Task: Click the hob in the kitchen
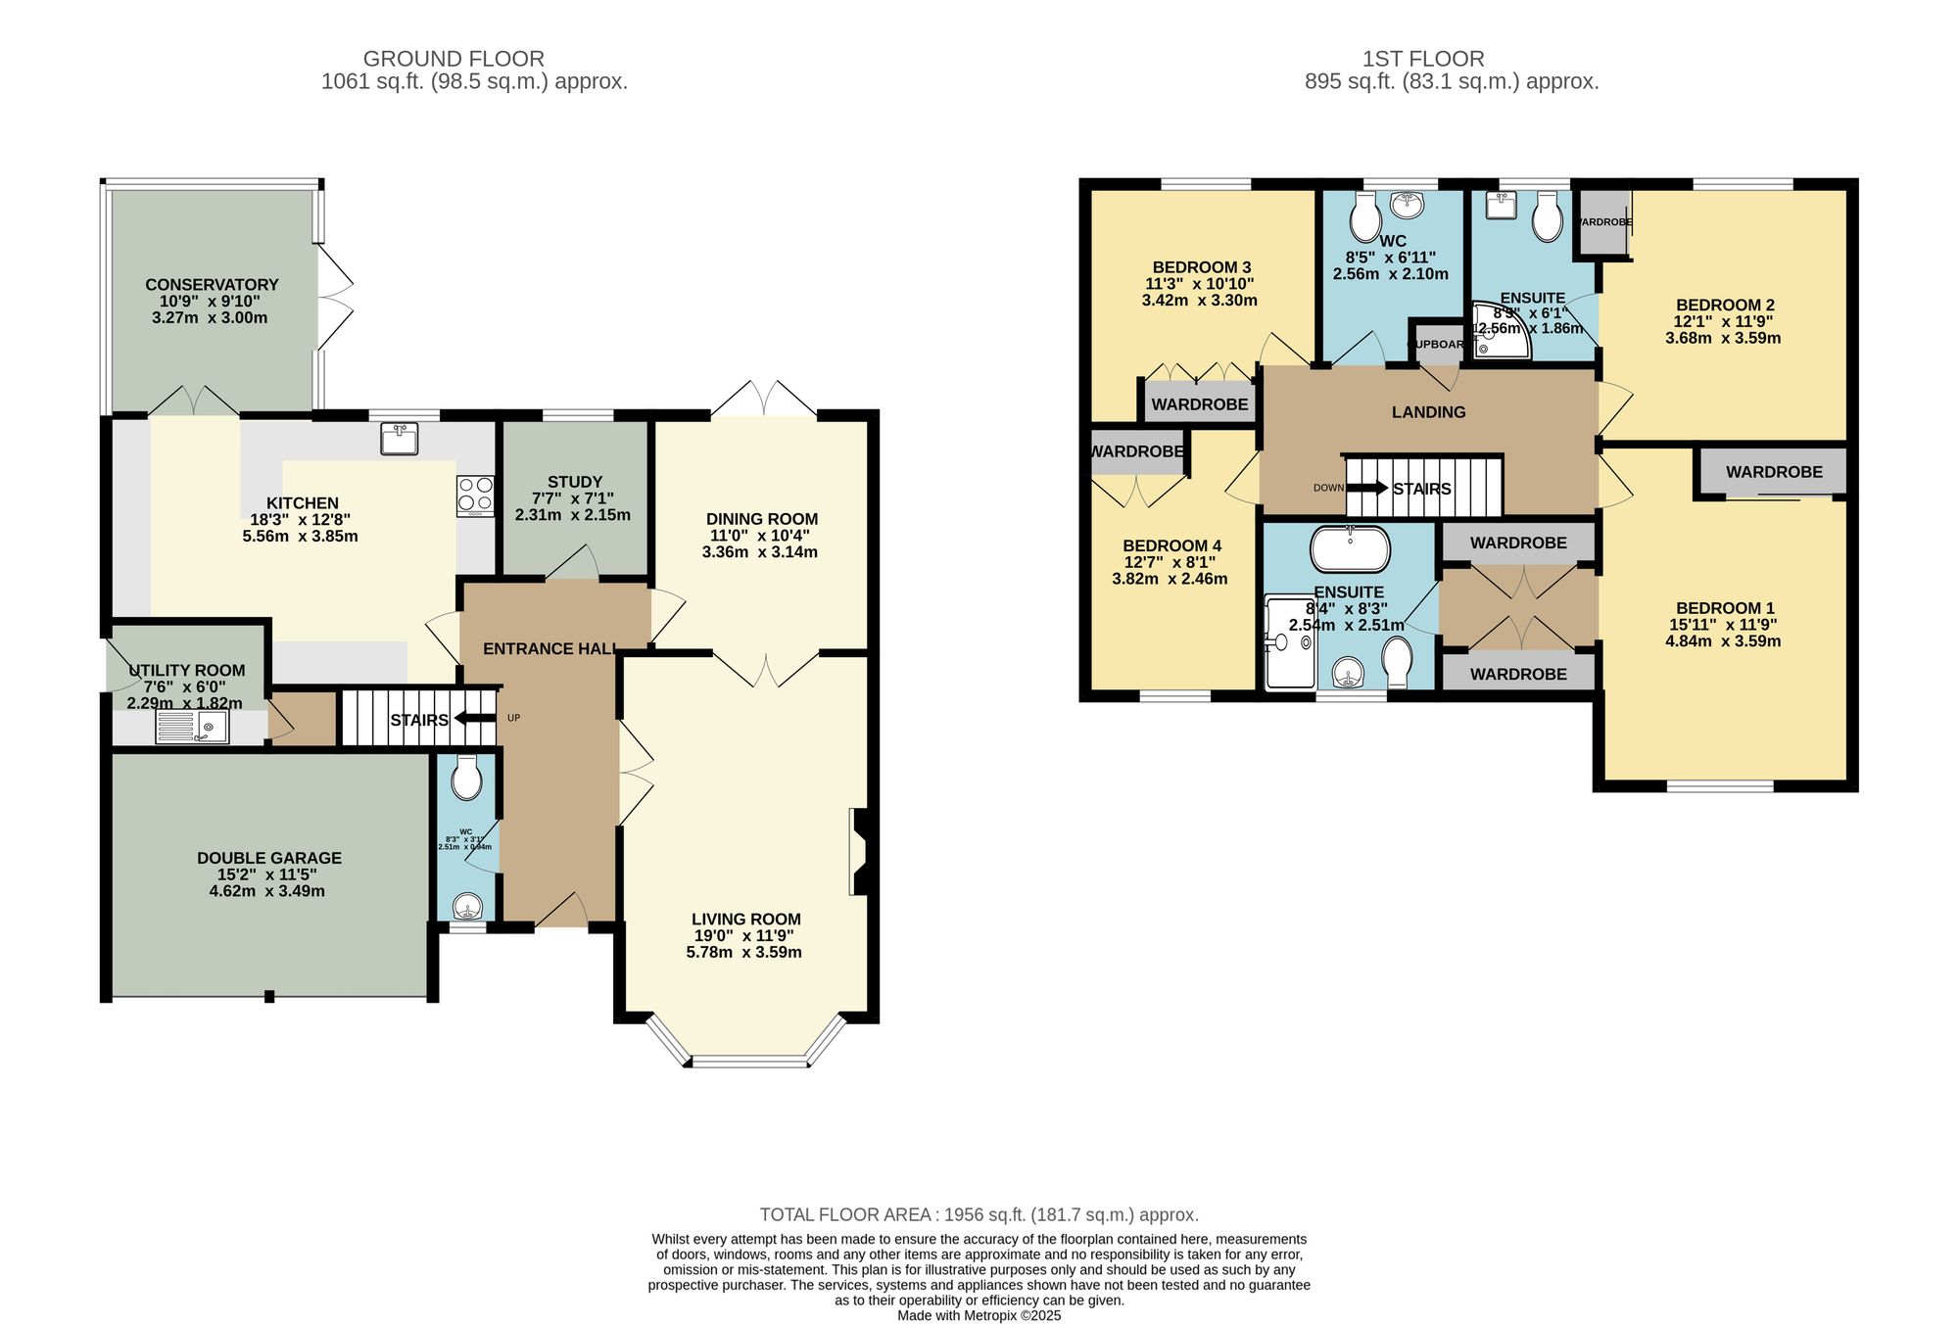pyautogui.click(x=475, y=496)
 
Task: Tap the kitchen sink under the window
pyautogui.click(x=400, y=439)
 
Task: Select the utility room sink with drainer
pyautogui.click(x=192, y=727)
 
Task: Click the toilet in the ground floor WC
pyautogui.click(x=466, y=780)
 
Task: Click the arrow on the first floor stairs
pyautogui.click(x=1368, y=488)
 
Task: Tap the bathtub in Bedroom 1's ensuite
pyautogui.click(x=1350, y=549)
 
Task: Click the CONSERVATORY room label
pyautogui.click(x=212, y=285)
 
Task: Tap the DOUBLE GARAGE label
pyautogui.click(x=269, y=858)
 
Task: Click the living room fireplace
pyautogui.click(x=859, y=851)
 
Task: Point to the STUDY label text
pyautogui.click(x=575, y=482)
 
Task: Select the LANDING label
pyautogui.click(x=1428, y=412)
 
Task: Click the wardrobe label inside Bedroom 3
pyautogui.click(x=1199, y=404)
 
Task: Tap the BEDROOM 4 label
pyautogui.click(x=1171, y=545)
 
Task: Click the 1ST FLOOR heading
pyautogui.click(x=1423, y=59)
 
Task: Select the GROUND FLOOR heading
pyautogui.click(x=454, y=59)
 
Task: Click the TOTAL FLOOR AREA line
pyautogui.click(x=979, y=1214)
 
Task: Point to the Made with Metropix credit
pyautogui.click(x=979, y=1315)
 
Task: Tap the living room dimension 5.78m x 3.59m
pyautogui.click(x=743, y=952)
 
